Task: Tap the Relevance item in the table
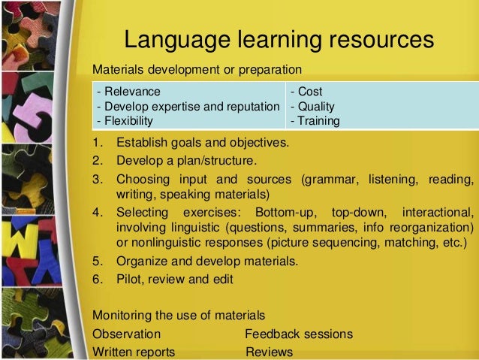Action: point(126,92)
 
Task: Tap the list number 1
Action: point(96,142)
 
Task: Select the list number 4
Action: point(96,211)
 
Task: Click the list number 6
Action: point(96,279)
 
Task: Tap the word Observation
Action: point(126,334)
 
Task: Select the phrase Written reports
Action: point(133,351)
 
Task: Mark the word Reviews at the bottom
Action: point(269,351)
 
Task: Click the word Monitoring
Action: point(122,314)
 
